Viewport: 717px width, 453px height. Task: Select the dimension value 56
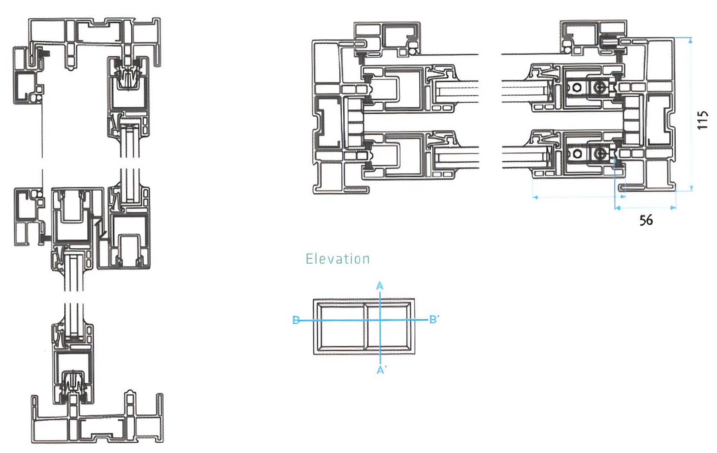(x=646, y=220)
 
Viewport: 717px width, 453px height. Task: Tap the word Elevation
(x=337, y=259)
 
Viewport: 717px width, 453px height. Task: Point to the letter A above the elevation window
(x=380, y=286)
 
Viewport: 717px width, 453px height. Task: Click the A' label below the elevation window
(x=381, y=370)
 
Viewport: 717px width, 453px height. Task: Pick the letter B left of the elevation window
(x=296, y=319)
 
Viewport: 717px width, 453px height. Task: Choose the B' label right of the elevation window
(x=434, y=319)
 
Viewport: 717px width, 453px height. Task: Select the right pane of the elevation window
(x=389, y=326)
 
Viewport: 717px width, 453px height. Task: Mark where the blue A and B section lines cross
(x=380, y=319)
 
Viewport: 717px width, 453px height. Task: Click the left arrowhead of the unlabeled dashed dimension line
(x=536, y=197)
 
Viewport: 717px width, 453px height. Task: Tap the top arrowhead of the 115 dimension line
(x=691, y=41)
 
